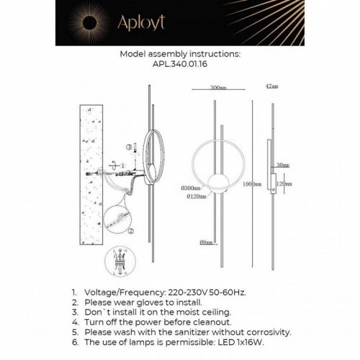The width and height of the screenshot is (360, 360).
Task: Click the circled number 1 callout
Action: click(x=124, y=165)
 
